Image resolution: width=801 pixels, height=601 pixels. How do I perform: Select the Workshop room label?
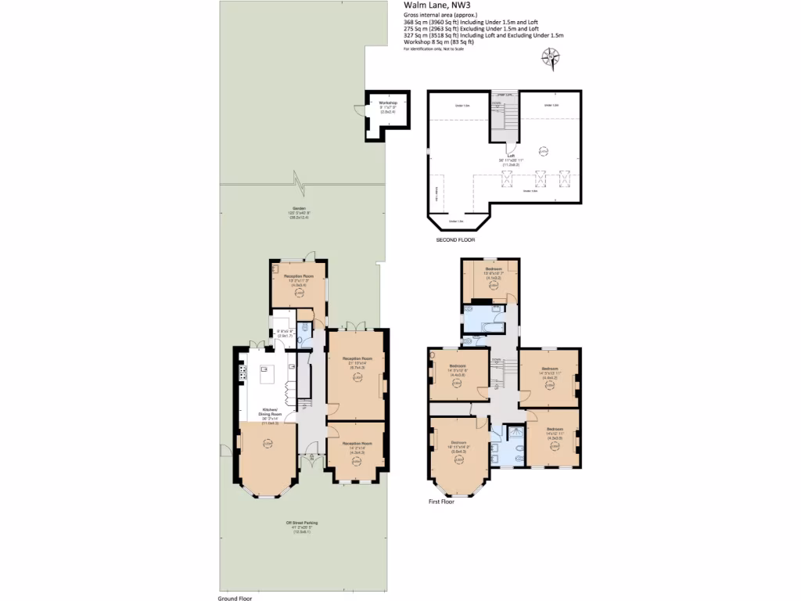(388, 103)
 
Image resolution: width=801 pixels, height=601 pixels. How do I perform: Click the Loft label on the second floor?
(511, 156)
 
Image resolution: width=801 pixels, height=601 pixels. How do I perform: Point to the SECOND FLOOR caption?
(455, 240)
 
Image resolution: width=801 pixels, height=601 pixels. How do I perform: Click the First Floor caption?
(440, 502)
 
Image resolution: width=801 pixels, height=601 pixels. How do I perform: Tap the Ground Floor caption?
(235, 598)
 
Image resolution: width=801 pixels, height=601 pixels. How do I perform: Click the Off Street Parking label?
(301, 523)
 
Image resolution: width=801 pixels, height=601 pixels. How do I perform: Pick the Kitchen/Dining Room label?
(269, 412)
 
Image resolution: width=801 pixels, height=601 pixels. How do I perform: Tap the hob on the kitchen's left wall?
(242, 374)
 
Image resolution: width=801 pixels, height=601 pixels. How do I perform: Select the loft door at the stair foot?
(510, 146)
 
